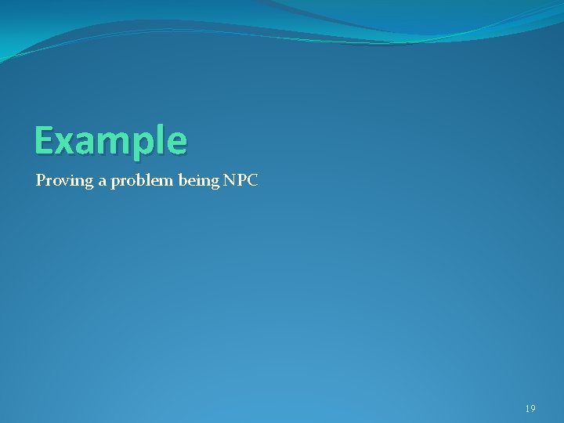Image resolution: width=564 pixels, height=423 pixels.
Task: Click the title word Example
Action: coord(110,141)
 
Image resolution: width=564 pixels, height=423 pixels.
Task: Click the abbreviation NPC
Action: coord(240,180)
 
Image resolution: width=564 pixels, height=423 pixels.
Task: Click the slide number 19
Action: coord(530,409)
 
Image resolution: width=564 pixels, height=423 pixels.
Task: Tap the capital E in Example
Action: coord(44,141)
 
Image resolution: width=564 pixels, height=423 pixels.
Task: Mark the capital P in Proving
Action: coord(41,180)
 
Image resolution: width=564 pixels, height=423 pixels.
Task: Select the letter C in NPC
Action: coord(251,180)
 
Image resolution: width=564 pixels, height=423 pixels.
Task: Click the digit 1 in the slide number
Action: coord(527,409)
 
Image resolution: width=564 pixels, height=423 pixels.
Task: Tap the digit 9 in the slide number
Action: coord(533,409)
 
